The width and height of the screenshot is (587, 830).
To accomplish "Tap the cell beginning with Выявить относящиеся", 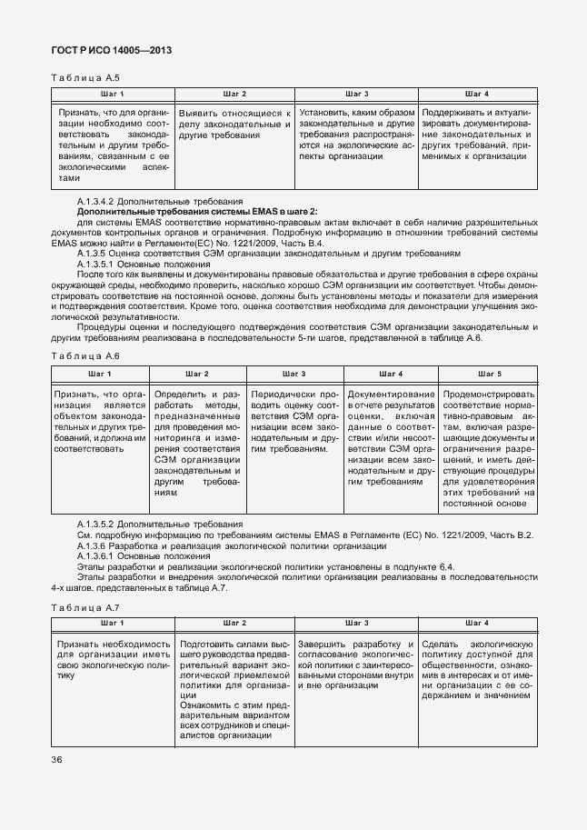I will [234, 124].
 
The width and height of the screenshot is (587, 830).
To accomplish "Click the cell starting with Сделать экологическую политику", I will [476, 669].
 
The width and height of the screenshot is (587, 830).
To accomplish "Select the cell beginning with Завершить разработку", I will [354, 664].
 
